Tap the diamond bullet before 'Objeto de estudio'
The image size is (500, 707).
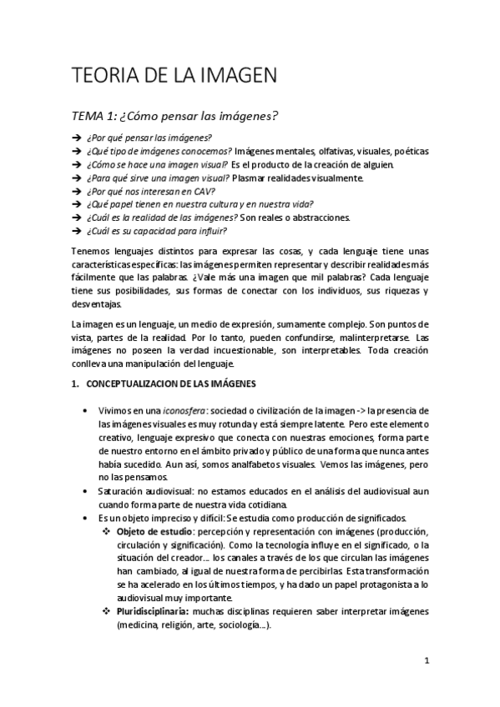pos(106,533)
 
